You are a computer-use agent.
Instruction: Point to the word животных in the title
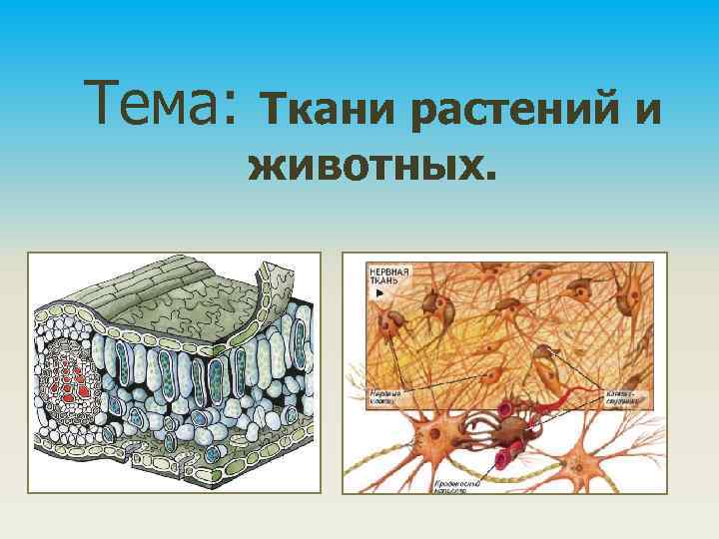(365, 166)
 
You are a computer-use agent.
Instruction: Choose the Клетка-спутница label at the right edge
(621, 399)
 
